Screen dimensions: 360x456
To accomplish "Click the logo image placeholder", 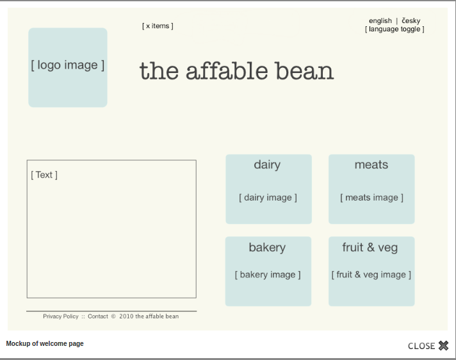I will (67, 67).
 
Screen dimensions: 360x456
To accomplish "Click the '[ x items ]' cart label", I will (158, 26).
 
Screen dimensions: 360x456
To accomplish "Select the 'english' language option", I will (380, 21).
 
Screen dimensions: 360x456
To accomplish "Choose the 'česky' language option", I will (411, 21).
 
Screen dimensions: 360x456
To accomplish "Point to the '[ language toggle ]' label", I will (395, 29).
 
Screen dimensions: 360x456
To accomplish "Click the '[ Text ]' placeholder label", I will (44, 175).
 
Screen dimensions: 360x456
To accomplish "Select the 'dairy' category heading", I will (267, 165).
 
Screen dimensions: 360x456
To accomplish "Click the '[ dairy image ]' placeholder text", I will (268, 198).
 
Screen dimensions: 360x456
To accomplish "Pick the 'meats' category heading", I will (371, 165).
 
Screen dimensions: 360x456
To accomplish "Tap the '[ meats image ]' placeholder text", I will (371, 198).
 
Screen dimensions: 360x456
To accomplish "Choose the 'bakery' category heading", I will (267, 247).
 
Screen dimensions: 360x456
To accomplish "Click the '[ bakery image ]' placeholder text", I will (268, 275).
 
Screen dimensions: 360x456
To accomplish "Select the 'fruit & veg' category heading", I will (370, 247).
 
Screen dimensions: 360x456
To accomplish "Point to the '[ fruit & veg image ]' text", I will (371, 275).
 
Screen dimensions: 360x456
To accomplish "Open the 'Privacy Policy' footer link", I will (61, 316).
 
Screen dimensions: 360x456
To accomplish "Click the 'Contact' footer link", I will (98, 316).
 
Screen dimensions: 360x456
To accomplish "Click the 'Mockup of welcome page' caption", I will (45, 344).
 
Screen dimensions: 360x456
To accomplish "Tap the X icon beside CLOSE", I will (443, 346).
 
